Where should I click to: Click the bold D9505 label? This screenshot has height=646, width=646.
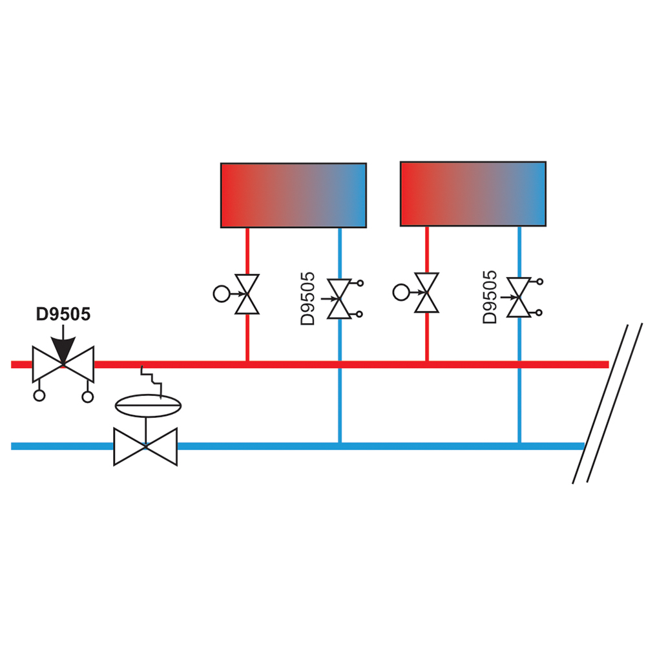(x=63, y=315)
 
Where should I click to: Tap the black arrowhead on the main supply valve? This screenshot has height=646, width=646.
(x=63, y=349)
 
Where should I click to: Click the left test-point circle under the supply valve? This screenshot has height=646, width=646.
(x=39, y=395)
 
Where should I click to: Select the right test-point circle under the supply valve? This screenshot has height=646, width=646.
(x=88, y=397)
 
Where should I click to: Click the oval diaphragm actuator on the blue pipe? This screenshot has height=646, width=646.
(x=148, y=406)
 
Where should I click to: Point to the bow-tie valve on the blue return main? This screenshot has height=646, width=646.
(x=145, y=446)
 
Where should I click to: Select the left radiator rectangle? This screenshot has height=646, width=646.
(x=293, y=195)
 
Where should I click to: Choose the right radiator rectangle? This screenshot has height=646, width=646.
(x=473, y=194)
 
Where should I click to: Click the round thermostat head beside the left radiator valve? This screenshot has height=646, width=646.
(x=222, y=294)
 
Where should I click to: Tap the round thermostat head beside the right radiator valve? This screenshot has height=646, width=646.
(x=401, y=293)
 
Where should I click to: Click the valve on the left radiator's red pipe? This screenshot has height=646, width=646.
(x=247, y=294)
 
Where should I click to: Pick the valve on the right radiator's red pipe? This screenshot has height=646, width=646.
(x=427, y=293)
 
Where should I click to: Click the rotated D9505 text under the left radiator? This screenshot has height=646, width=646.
(x=307, y=298)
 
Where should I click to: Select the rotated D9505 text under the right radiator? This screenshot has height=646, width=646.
(x=490, y=297)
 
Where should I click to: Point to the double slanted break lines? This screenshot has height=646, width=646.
(x=607, y=404)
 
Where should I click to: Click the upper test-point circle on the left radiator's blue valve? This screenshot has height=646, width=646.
(x=360, y=283)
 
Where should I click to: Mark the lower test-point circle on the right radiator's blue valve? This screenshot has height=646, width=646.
(x=539, y=313)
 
